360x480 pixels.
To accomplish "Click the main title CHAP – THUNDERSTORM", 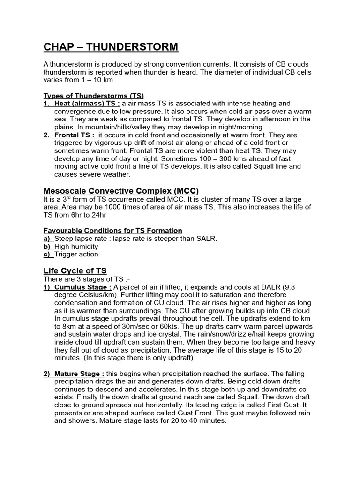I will tap(111, 47).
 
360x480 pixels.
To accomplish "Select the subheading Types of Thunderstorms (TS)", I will tap(94, 96).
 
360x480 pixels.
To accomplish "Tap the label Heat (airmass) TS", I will tap(87, 103).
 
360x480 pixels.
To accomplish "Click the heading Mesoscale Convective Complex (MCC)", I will tap(121, 191).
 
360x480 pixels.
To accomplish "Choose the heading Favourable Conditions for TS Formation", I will tap(113, 231).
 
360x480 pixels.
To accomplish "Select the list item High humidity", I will tap(76, 247).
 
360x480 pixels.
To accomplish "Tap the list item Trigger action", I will tap(76, 254).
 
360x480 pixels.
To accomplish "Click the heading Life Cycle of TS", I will tap(75, 271).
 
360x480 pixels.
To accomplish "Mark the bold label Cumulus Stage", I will tap(82, 287).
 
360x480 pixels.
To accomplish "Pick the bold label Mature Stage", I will tap(80, 374).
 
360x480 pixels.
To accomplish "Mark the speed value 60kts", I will tap(161, 326).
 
